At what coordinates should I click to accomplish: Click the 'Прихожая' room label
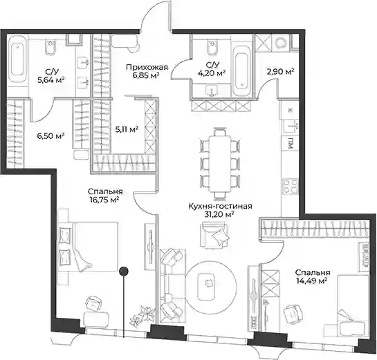click(x=147, y=68)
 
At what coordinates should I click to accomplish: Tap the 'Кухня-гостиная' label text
click(x=220, y=206)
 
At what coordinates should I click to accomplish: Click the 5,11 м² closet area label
click(x=127, y=129)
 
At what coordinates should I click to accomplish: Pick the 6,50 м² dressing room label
click(x=50, y=135)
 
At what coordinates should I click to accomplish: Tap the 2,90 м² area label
click(x=281, y=71)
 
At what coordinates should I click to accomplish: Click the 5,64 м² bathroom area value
click(x=52, y=79)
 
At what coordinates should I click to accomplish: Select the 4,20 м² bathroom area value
click(x=212, y=73)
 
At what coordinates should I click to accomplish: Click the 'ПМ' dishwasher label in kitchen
click(x=291, y=143)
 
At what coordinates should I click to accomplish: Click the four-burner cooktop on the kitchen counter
click(x=291, y=186)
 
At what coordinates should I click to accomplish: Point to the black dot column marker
click(x=124, y=271)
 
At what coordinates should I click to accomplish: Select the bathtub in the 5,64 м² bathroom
click(x=17, y=59)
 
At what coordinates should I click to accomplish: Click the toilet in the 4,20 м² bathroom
click(x=212, y=46)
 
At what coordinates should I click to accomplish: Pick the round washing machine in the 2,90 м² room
click(x=280, y=44)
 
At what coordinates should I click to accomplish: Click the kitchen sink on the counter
click(x=291, y=126)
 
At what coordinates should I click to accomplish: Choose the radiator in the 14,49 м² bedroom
click(x=365, y=255)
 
